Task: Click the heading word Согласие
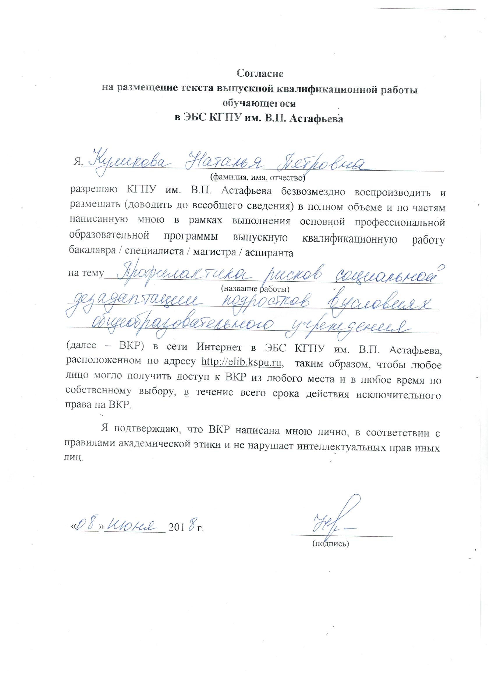(x=260, y=73)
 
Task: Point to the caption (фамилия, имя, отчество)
(x=258, y=178)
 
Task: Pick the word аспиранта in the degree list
(x=269, y=253)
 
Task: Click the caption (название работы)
(x=255, y=289)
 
